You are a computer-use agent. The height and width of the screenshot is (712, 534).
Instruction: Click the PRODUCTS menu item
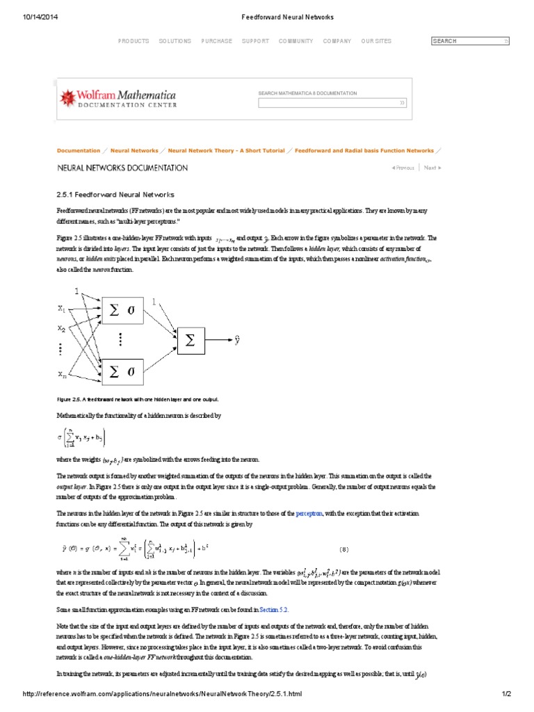point(133,41)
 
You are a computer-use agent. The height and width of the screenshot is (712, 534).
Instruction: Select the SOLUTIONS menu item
point(175,41)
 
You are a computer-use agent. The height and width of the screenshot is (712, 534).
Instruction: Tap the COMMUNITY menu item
point(296,41)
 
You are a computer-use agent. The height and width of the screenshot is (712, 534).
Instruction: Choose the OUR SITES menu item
point(376,41)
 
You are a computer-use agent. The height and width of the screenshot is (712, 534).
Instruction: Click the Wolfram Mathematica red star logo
point(70,97)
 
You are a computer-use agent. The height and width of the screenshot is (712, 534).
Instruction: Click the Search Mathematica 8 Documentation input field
point(332,103)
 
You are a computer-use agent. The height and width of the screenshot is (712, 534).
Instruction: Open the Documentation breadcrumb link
point(79,150)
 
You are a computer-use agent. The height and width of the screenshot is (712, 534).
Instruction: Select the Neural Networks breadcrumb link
point(134,150)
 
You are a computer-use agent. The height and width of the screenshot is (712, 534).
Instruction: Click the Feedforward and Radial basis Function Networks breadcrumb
point(364,150)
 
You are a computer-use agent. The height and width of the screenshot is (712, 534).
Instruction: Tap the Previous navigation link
point(403,168)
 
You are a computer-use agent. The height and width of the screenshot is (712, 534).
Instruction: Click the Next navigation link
point(432,168)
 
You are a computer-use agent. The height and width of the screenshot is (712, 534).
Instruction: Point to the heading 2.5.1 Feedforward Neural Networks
point(115,195)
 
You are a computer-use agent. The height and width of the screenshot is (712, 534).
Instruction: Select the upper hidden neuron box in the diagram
point(122,311)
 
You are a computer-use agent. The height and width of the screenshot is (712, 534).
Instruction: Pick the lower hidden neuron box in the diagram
point(122,372)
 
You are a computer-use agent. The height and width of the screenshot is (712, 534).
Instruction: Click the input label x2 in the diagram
point(61,328)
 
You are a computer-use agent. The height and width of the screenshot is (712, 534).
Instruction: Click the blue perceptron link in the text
point(309,514)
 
